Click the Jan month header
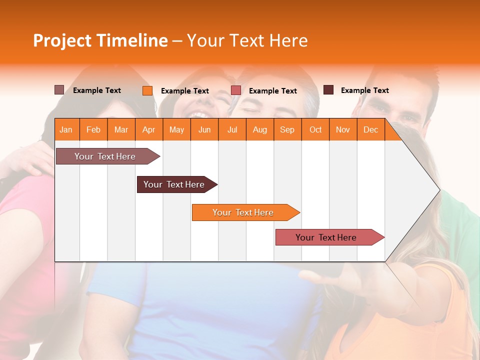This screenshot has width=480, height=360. [x=66, y=129]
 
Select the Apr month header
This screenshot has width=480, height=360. [x=148, y=129]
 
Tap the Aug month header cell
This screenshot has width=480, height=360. [x=259, y=129]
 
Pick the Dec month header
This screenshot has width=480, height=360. [x=370, y=129]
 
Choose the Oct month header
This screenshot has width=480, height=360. [x=315, y=129]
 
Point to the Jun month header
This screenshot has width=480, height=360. [x=204, y=129]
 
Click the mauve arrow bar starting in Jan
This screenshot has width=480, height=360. [x=105, y=156]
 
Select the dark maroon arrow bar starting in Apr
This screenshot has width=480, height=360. [x=174, y=184]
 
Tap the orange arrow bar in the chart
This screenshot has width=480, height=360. [x=243, y=212]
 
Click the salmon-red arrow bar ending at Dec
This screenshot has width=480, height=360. [x=326, y=237]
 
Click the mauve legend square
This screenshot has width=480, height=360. [x=59, y=90]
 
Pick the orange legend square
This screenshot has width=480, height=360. [x=147, y=90]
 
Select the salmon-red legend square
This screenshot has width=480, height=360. [x=236, y=90]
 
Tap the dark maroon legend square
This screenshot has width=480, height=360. [x=328, y=90]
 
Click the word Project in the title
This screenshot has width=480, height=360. [x=62, y=40]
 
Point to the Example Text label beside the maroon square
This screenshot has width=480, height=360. [x=364, y=90]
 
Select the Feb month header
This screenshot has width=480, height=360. [x=93, y=129]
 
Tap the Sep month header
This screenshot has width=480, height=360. [x=287, y=129]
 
